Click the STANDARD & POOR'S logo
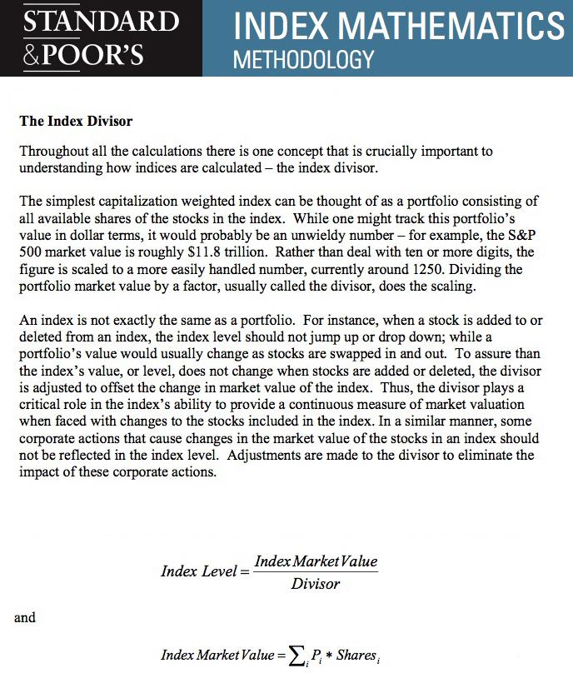tap(100, 37)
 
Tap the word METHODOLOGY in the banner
tap(303, 61)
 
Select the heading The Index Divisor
tap(76, 121)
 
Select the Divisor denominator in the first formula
tap(316, 584)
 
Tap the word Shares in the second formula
tap(356, 655)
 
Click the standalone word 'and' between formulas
tap(25, 617)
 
